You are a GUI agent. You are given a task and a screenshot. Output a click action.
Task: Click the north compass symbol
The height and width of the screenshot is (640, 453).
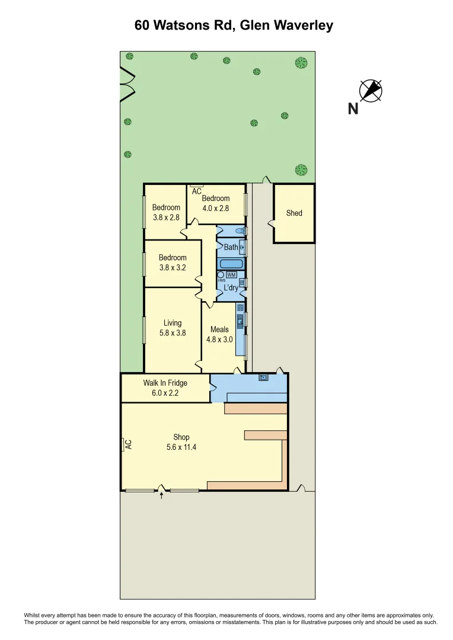click(x=371, y=91)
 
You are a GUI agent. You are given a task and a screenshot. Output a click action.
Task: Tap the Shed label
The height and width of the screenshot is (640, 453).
click(x=294, y=213)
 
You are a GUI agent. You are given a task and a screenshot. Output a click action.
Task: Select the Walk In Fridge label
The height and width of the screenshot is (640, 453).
click(x=165, y=383)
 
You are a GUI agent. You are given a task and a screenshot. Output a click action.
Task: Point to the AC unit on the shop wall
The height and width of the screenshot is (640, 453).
click(x=125, y=444)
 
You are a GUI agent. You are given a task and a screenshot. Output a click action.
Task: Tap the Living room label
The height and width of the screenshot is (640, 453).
click(x=173, y=323)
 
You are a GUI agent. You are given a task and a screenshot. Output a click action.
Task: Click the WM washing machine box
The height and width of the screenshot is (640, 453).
click(x=231, y=275)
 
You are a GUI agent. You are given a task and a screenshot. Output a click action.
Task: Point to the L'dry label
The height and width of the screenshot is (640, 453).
click(x=231, y=288)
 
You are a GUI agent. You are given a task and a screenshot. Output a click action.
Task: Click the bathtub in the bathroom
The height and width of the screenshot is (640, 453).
click(x=231, y=264)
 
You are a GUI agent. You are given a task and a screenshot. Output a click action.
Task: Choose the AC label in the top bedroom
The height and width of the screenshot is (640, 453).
click(x=196, y=191)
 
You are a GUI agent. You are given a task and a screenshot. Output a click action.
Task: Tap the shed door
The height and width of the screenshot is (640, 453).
click(x=271, y=223)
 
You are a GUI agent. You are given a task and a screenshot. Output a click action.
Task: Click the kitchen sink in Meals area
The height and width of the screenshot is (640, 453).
click(x=240, y=322)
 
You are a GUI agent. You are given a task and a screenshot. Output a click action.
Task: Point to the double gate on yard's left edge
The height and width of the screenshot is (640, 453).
click(x=127, y=84)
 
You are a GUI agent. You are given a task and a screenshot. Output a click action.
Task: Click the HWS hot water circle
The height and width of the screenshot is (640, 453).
click(x=221, y=275)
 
